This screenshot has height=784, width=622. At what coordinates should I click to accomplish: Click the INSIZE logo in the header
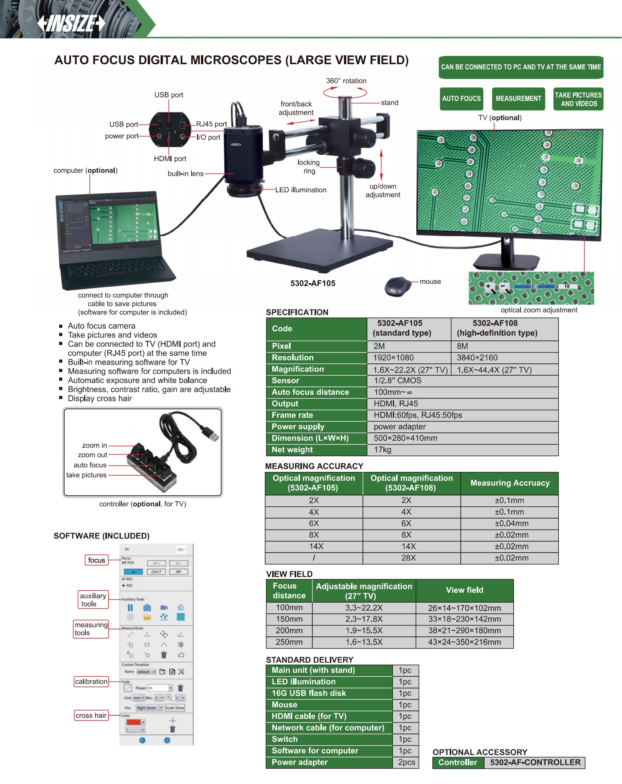point(71,23)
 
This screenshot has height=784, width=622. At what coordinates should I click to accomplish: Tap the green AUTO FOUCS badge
point(461,99)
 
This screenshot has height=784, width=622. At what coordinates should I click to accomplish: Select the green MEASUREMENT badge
point(518,99)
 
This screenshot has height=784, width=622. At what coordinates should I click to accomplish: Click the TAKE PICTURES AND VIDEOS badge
point(578,99)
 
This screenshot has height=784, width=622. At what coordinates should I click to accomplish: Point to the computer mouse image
point(397,286)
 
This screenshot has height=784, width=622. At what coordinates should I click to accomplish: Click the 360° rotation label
point(346,81)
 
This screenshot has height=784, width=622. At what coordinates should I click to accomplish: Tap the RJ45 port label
point(211,124)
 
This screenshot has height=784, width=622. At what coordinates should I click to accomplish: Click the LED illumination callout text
point(300,190)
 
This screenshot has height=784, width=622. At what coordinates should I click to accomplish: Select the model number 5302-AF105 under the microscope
point(313,284)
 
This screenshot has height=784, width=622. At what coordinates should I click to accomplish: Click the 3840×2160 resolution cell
point(477,358)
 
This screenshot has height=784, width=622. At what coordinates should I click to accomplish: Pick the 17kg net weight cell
point(382,450)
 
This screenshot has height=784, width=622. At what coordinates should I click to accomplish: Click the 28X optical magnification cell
point(408,558)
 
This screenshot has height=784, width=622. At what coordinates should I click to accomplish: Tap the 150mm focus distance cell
point(289,619)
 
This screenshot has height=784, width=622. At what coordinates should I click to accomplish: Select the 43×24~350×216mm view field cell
point(464,642)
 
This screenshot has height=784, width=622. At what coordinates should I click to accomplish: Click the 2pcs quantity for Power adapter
point(406,762)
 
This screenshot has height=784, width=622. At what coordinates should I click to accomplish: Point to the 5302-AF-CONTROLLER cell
point(535,762)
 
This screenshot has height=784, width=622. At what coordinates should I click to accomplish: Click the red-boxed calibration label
point(91,682)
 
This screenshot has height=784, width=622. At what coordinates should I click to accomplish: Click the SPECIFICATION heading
point(297,313)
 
